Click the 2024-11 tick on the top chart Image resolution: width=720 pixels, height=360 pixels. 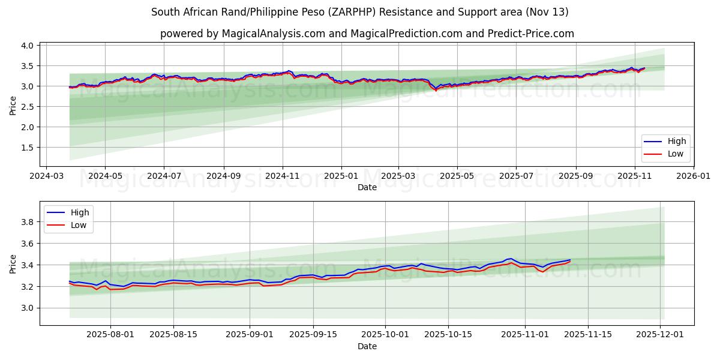[283, 177]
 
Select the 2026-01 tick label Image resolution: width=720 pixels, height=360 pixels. [693, 177]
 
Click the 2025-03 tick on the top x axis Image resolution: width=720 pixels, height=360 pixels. [399, 177]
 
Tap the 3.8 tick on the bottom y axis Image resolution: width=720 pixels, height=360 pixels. [28, 222]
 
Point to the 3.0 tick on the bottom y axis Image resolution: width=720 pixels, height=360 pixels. [28, 308]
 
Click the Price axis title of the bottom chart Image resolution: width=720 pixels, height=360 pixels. [13, 263]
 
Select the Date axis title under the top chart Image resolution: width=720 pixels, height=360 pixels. [367, 187]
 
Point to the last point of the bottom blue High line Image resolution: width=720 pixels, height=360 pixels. [570, 260]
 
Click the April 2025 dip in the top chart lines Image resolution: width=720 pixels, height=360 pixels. [436, 89]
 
